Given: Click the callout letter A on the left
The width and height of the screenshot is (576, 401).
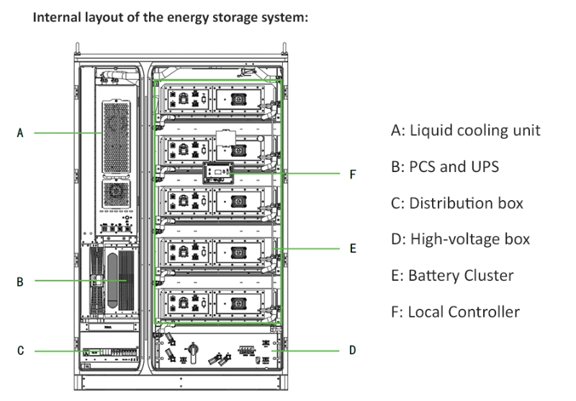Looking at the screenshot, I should [x=20, y=133].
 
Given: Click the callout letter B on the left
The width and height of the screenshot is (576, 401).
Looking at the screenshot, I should [x=20, y=281].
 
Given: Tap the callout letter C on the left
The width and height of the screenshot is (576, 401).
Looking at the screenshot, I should [x=20, y=351].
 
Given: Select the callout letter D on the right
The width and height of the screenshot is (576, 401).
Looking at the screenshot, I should [x=352, y=351].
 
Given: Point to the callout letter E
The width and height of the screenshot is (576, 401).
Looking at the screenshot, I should [x=352, y=248].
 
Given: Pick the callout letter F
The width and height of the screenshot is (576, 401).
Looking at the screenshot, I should [x=352, y=174].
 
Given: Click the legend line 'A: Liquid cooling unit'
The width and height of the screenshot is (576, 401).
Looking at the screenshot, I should [x=465, y=130].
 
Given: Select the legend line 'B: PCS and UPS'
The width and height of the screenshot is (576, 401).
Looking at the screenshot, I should [x=444, y=167].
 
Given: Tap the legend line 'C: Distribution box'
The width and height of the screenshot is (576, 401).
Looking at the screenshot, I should [x=456, y=203].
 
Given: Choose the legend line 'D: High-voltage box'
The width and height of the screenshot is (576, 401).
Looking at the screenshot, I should [x=460, y=239].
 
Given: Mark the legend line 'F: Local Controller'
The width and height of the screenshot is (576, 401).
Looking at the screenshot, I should [x=455, y=312].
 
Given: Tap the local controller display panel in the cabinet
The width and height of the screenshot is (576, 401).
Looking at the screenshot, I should [x=218, y=173].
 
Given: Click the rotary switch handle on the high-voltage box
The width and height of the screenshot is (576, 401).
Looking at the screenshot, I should [x=192, y=350].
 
